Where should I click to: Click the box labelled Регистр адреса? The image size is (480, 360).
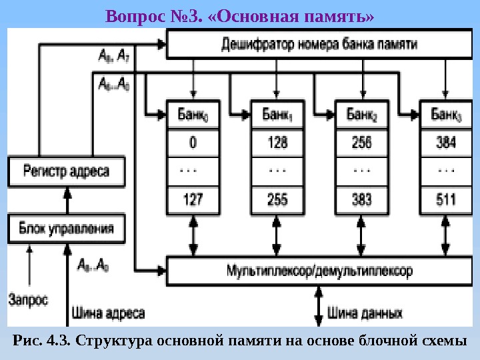67,171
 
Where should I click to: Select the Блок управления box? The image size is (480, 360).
67,229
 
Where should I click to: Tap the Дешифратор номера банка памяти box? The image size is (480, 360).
319,45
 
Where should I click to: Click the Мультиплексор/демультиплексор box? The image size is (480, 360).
319,271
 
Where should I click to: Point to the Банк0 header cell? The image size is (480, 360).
193,115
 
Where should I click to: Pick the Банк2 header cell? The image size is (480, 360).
362,115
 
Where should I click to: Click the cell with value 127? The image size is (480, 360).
193,199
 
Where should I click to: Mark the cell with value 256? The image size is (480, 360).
362,142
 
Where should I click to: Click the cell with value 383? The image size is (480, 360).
362,199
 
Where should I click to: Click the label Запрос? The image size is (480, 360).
28,299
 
